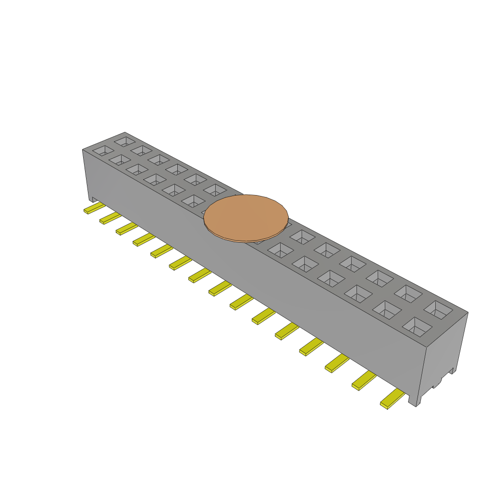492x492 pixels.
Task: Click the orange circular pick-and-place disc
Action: pyautogui.click(x=246, y=217)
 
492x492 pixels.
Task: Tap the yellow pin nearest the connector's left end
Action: pyautogui.click(x=95, y=208)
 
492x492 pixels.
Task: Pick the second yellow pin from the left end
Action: pyautogui.click(x=111, y=218)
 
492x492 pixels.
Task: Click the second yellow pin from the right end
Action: pyautogui.click(x=364, y=380)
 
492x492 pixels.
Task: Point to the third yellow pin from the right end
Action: pyautogui.click(x=337, y=363)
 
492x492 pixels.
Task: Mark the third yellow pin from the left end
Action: pyautogui.click(x=127, y=228)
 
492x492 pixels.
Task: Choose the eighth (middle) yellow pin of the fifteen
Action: pyautogui.click(x=221, y=288)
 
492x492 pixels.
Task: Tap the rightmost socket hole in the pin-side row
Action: pyautogui.click(x=417, y=326)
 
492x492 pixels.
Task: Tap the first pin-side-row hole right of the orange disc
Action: pyautogui.click(x=281, y=250)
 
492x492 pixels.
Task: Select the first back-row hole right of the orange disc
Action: pyautogui.click(x=302, y=236)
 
